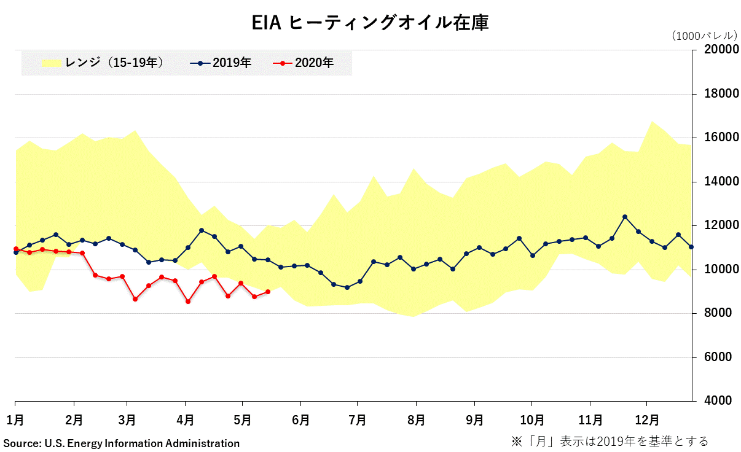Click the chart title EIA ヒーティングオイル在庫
[x=370, y=23]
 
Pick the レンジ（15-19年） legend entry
[x=102, y=63]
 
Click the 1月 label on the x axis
[x=15, y=420]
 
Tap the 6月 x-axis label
[x=300, y=420]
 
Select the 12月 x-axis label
[x=646, y=420]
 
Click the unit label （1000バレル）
[x=704, y=36]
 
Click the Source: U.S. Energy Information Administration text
[x=122, y=443]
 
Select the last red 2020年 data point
[x=268, y=292]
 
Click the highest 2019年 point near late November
[x=625, y=217]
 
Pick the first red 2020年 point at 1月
[x=15, y=249]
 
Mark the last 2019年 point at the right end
[x=691, y=247]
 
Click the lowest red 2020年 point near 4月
[x=188, y=302]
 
